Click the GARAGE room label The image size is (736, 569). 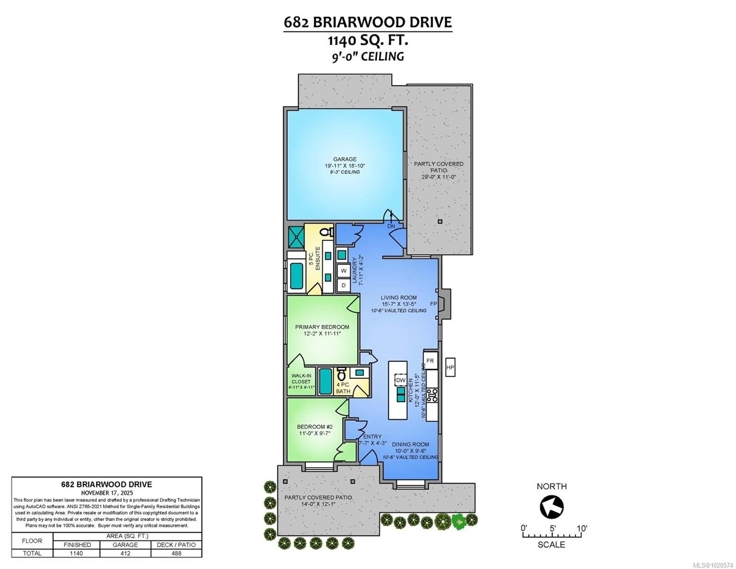coord(345,159)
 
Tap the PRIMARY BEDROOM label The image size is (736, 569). coord(322,327)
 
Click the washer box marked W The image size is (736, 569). coord(344,271)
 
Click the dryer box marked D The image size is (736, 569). coord(344,285)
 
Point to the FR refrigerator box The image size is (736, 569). coord(430,361)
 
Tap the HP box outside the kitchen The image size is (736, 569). coord(450,367)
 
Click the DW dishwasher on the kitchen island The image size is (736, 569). coord(400,380)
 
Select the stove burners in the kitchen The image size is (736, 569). coord(432,395)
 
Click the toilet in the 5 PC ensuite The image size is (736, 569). coord(327,232)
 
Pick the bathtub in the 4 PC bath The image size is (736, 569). coord(325,382)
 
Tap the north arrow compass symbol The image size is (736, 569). coord(552,507)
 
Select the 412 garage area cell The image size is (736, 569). coord(125,553)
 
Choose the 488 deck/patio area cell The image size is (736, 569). coord(176,553)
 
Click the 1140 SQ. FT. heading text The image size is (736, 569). coord(368,40)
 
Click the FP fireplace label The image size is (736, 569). coord(433,303)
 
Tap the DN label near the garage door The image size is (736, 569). coord(391,226)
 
